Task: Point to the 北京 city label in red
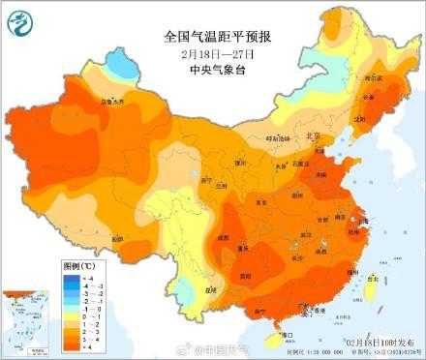312,137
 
